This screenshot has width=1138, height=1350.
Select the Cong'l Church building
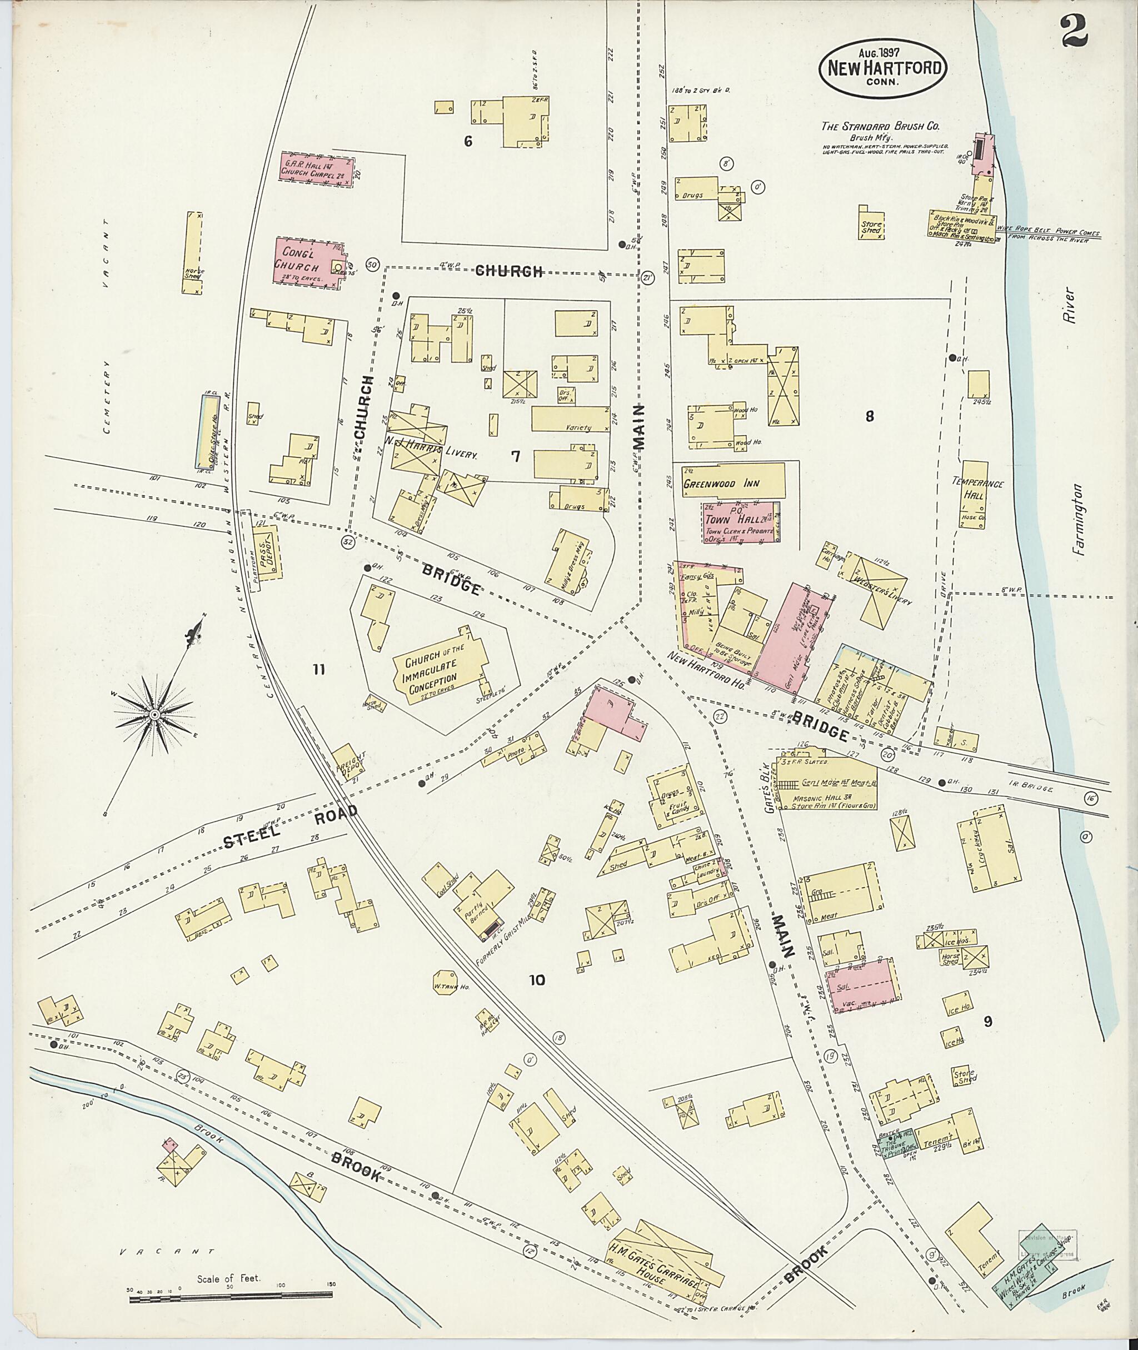[308, 261]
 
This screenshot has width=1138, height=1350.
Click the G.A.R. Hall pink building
[317, 169]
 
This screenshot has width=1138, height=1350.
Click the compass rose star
[155, 715]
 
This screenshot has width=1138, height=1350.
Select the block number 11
[318, 669]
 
